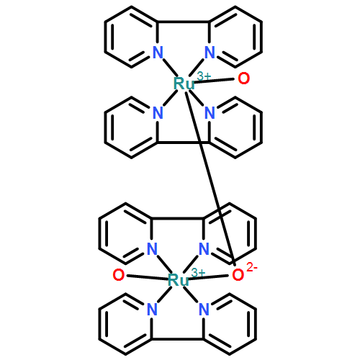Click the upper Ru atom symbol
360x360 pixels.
[x=184, y=84]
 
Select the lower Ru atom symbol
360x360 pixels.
[x=179, y=280]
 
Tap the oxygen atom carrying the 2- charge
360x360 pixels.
[x=238, y=275]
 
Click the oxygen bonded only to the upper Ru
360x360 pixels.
[x=243, y=78]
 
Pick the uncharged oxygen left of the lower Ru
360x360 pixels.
[x=119, y=275]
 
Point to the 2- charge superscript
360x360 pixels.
[x=252, y=268]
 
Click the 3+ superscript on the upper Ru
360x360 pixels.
[x=204, y=76]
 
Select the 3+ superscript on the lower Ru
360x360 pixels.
[x=199, y=273]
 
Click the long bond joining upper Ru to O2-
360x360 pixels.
[x=210, y=178]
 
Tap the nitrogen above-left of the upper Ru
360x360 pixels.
[x=158, y=52]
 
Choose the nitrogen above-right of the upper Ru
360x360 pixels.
[x=210, y=52]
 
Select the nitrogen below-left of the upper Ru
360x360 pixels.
[x=158, y=112]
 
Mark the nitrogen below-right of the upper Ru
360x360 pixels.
[x=210, y=112]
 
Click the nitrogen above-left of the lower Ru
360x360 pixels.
[x=152, y=248]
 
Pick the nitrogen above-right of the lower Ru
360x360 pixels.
[x=204, y=248]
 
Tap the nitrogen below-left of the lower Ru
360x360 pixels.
[x=152, y=309]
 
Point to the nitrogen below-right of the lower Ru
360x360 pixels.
[x=204, y=309]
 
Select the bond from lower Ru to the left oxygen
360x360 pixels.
[x=148, y=277]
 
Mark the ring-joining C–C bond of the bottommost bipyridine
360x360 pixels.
[x=178, y=339]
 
